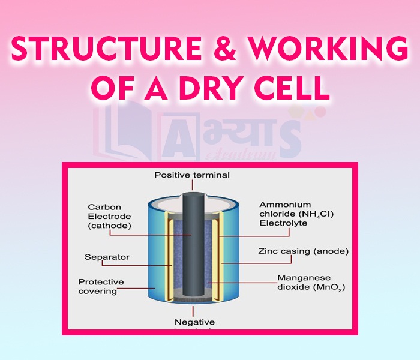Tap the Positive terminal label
click(191, 175)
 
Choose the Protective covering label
click(101, 286)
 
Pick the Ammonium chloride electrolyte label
click(291, 214)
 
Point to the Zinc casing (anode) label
click(303, 251)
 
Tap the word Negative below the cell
click(194, 322)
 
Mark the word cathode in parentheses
click(109, 226)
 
